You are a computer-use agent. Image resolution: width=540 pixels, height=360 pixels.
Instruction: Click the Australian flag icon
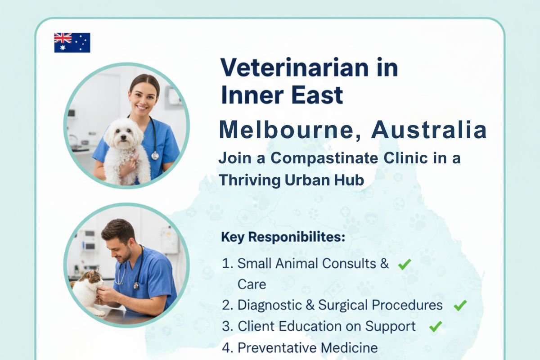72,43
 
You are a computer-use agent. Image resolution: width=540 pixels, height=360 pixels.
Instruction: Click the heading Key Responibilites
283,237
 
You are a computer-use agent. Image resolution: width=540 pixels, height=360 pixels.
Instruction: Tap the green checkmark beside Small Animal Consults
404,264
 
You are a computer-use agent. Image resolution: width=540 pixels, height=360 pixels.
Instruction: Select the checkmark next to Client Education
435,327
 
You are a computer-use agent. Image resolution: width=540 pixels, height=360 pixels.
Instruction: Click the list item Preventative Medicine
307,347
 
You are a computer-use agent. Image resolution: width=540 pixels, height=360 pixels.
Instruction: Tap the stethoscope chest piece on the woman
155,155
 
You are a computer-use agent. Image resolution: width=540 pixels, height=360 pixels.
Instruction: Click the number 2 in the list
226,306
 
